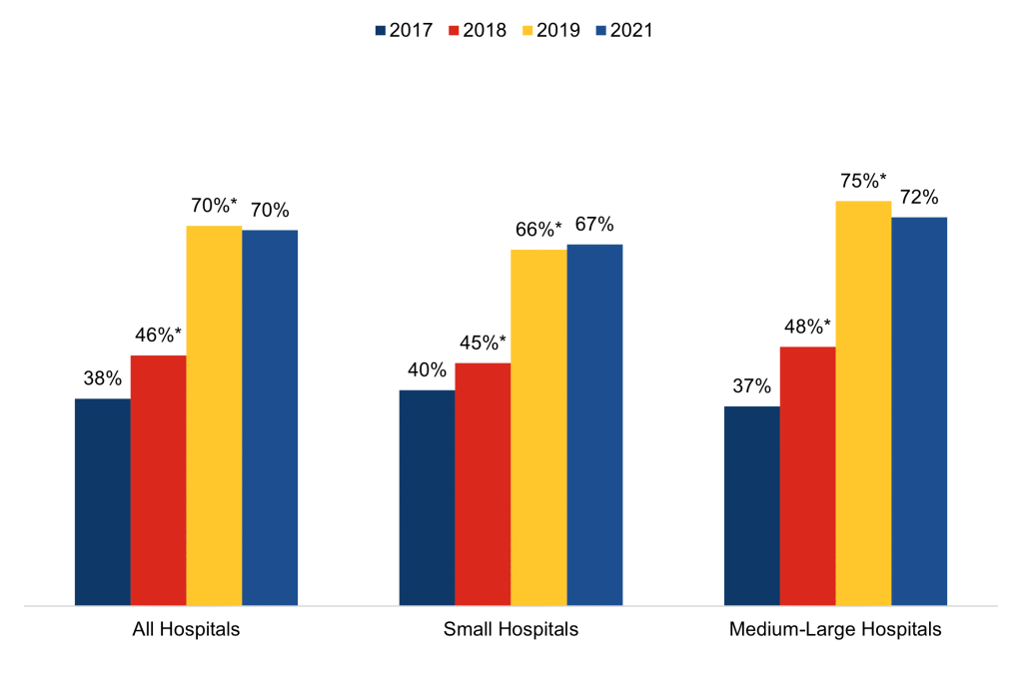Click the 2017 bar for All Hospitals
pyautogui.click(x=103, y=501)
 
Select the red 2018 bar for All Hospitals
pyautogui.click(x=158, y=479)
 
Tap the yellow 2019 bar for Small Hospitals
pyautogui.click(x=538, y=426)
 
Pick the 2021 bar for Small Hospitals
pyautogui.click(x=594, y=424)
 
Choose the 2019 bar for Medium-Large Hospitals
pyautogui.click(x=863, y=402)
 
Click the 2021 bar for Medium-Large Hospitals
pyautogui.click(x=919, y=410)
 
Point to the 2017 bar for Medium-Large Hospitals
pyautogui.click(x=751, y=505)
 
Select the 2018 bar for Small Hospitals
pyautogui.click(x=483, y=483)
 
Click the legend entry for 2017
pyautogui.click(x=404, y=30)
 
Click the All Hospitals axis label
pyautogui.click(x=186, y=630)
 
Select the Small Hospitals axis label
pyautogui.click(x=511, y=630)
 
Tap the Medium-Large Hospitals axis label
pyautogui.click(x=835, y=630)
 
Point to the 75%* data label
pyautogui.click(x=863, y=181)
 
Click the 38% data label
pyautogui.click(x=102, y=378)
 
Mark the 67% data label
pyautogui.click(x=594, y=225)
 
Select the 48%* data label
pyautogui.click(x=807, y=327)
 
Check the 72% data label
pyautogui.click(x=919, y=197)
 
